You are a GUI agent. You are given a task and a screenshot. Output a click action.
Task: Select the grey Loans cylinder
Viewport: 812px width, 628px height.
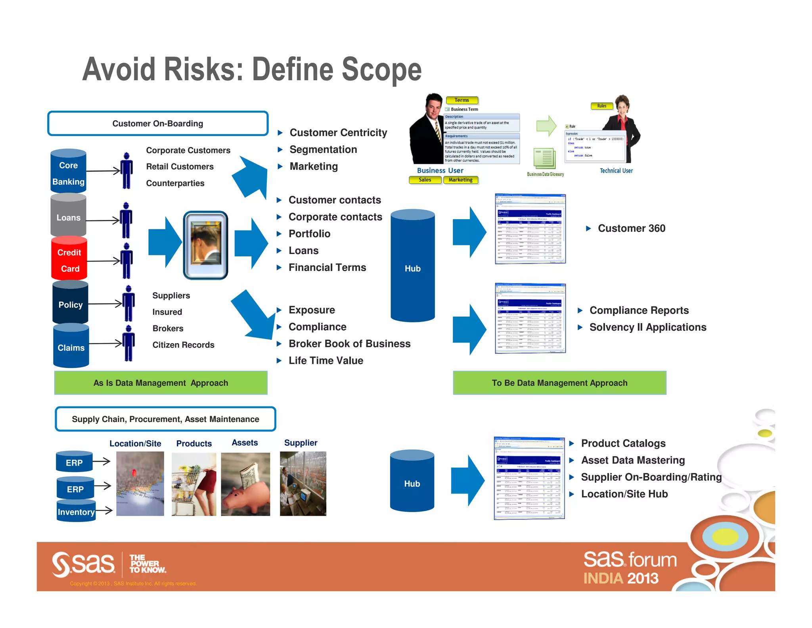pos(68,216)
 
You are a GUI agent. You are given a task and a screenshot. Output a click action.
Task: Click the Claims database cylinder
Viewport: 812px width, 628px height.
pos(71,347)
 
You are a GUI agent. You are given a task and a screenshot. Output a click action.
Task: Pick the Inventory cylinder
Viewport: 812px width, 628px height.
pos(76,512)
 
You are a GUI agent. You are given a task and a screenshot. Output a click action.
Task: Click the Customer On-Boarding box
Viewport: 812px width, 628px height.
pos(158,123)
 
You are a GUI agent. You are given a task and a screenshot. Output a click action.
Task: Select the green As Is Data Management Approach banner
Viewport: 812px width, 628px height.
pos(161,383)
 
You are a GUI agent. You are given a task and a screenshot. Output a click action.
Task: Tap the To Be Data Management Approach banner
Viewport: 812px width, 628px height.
pos(559,383)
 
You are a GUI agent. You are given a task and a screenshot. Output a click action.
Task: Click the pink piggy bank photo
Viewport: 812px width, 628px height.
pos(245,484)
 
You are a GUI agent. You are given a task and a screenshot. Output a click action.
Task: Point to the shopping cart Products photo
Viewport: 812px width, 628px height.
pos(194,484)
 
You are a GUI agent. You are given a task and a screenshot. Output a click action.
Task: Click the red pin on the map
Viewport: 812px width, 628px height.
pos(134,473)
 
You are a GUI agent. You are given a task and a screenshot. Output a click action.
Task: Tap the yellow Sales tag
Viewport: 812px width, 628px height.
pos(425,180)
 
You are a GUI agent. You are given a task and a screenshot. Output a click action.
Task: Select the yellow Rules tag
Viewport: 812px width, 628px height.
pos(601,106)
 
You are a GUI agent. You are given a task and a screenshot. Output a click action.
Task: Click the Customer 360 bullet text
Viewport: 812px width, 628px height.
pos(631,228)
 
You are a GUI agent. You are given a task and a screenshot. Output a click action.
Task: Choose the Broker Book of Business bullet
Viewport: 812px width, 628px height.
pos(349,344)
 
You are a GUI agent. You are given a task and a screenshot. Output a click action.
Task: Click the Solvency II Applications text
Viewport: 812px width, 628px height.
pos(647,327)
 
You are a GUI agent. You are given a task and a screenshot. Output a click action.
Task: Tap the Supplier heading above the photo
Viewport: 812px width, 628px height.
pos(301,443)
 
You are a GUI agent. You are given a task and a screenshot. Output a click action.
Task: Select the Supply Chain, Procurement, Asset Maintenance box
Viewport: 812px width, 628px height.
pos(165,419)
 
